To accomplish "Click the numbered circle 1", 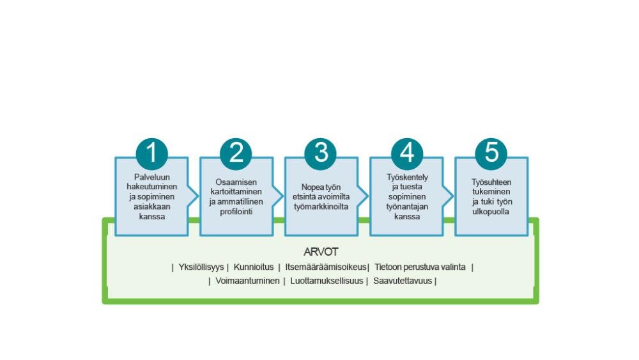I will point(151,153).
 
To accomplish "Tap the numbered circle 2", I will point(236,153).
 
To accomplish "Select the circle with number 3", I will point(321,153).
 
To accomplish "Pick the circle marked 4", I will point(407,153).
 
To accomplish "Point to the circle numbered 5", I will point(491,153).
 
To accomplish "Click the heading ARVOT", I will point(321,252).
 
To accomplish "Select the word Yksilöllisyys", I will point(201,267).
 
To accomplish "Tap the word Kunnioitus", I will point(254,267).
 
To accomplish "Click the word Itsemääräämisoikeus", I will point(326,267).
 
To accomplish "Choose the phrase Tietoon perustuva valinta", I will point(420,267).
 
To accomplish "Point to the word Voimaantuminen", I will point(245,280).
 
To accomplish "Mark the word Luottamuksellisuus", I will point(327,280).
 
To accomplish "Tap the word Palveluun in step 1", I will point(151,176).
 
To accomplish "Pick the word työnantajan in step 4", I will point(407,207).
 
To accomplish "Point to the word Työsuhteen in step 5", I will point(491,182).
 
